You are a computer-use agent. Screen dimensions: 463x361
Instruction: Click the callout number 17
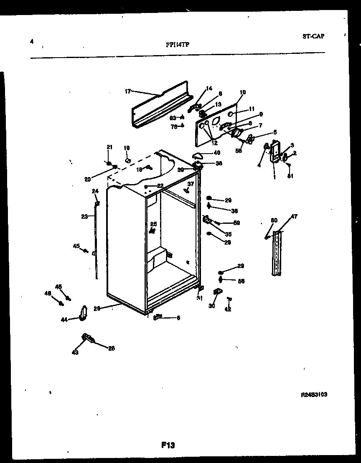point(128,91)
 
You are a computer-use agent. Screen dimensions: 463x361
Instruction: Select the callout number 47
point(294,216)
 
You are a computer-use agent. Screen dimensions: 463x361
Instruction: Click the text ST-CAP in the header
point(313,36)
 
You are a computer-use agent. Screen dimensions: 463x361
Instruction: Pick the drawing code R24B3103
point(313,394)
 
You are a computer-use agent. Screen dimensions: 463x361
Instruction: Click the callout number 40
point(217,153)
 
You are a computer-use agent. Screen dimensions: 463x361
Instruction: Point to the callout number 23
point(84,216)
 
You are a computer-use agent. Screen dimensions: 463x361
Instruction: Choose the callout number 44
point(64,319)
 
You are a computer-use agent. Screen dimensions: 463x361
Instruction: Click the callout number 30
point(212,306)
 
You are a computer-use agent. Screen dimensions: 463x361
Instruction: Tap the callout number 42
point(228,309)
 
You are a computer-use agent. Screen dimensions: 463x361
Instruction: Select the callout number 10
point(243,92)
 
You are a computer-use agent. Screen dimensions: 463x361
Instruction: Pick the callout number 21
point(109,147)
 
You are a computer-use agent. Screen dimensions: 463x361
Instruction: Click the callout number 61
point(290,176)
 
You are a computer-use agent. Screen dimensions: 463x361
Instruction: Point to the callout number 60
point(274,220)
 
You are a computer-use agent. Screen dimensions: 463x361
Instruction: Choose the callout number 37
point(191,184)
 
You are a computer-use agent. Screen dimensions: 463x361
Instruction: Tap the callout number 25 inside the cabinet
point(153,224)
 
